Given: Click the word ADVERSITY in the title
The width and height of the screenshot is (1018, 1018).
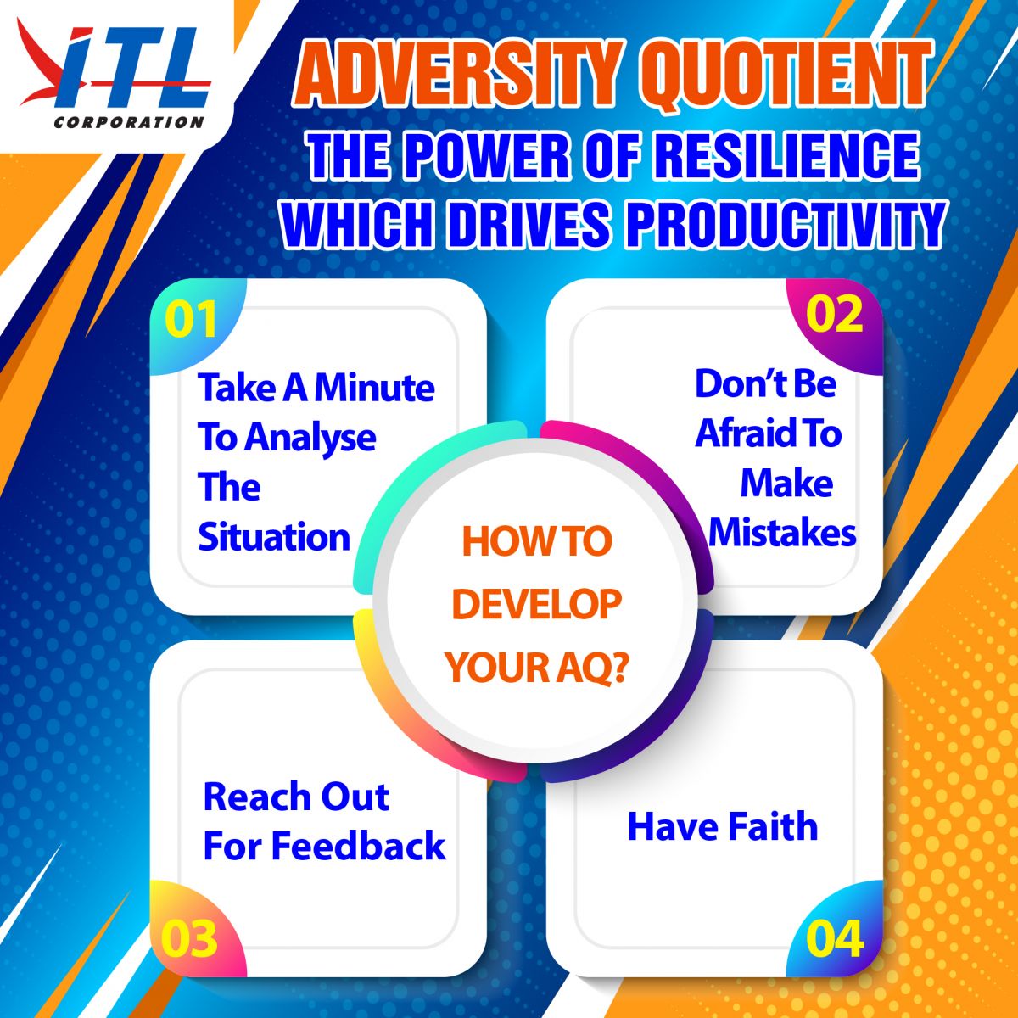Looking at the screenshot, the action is (x=459, y=74).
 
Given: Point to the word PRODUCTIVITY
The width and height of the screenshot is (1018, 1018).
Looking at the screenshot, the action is (x=785, y=222).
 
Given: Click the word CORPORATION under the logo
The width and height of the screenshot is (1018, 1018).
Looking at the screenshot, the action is (x=129, y=122).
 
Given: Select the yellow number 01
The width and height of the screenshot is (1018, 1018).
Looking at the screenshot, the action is (x=191, y=319).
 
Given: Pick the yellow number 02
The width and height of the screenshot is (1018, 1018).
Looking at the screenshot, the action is (x=834, y=314).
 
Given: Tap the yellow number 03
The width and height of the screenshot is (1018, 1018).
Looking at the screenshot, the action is (x=189, y=939).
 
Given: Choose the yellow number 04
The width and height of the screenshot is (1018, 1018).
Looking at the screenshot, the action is (x=835, y=939).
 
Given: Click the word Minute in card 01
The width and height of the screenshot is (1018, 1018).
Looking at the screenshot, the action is (x=375, y=388).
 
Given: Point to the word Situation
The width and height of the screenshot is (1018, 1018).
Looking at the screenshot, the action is (x=274, y=537).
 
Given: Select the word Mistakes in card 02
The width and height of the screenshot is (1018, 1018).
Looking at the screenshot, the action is (x=782, y=533).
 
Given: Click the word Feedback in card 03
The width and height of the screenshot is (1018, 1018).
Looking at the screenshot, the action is (x=359, y=846).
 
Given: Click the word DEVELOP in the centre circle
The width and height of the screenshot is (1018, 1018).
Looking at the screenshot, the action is (x=537, y=604).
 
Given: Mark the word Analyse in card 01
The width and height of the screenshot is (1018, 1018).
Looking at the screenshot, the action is (x=310, y=439).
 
